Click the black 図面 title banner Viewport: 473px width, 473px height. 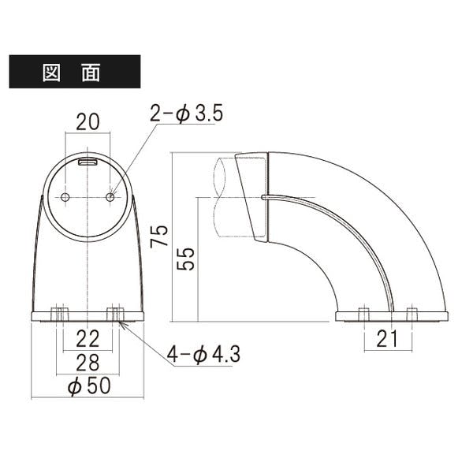[75, 72]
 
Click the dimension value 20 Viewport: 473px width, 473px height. [88, 122]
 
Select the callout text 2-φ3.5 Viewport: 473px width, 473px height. [186, 114]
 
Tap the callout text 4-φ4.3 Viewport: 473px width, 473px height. [203, 354]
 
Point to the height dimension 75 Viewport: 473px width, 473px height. [159, 236]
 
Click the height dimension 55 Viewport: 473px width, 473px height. [185, 259]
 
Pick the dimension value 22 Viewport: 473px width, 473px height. [88, 339]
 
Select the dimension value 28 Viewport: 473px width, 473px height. [88, 363]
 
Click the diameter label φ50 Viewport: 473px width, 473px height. [89, 385]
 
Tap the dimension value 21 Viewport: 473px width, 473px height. [387, 339]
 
